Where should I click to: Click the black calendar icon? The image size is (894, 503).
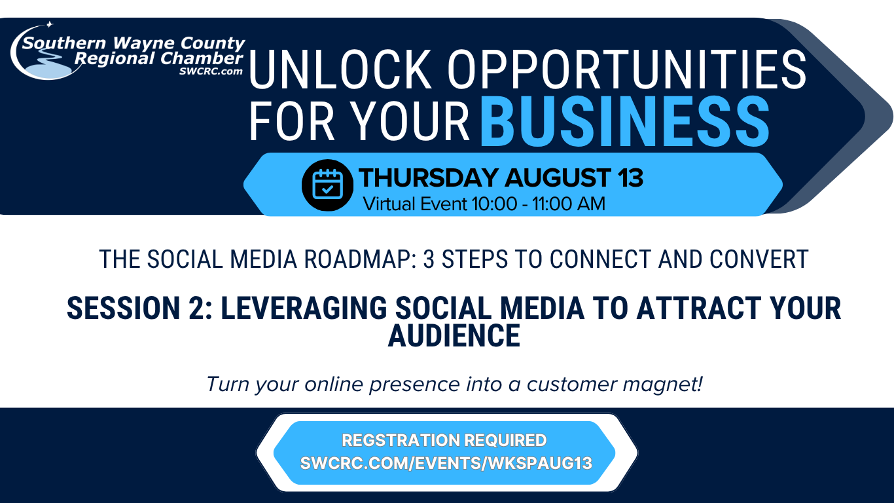coord(327,185)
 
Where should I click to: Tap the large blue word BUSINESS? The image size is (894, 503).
coord(624,121)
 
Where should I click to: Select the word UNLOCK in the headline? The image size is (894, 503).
coord(340,70)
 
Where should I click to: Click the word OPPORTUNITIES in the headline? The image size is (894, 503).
coord(627,70)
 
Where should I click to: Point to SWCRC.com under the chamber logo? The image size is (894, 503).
coord(211,71)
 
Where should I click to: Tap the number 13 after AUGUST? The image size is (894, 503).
coord(630,177)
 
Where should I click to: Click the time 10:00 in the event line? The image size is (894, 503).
coord(495,204)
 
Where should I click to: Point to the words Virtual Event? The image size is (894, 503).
coord(415,204)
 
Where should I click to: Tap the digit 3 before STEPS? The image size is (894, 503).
coord(429,259)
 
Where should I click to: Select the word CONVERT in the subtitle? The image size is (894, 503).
coord(759,259)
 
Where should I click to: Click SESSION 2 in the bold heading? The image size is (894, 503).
coord(139,308)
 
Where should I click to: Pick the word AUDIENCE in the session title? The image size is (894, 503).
coord(454,335)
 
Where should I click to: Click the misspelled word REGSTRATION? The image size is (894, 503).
coord(399,440)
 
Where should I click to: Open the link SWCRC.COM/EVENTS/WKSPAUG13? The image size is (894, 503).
coord(446,464)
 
